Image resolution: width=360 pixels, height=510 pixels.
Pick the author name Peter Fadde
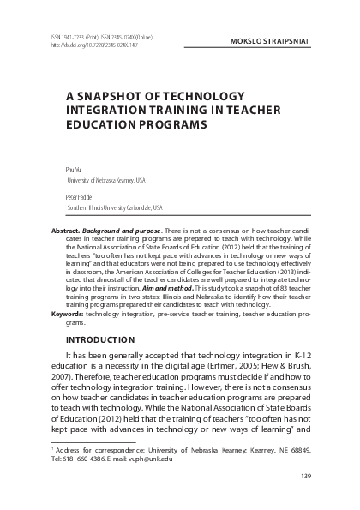(x=80, y=195)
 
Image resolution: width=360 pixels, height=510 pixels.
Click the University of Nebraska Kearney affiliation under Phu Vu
(x=106, y=182)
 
